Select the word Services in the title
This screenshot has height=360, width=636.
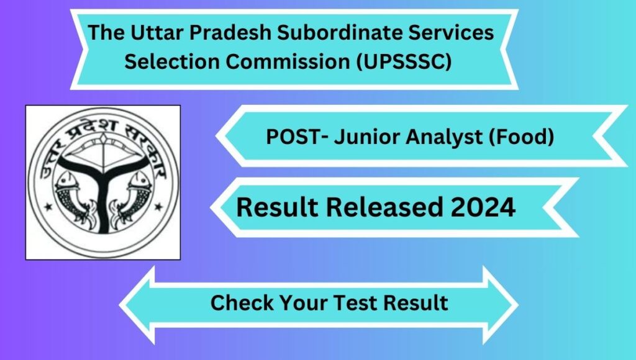tap(451, 32)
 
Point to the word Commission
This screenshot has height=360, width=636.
tap(288, 61)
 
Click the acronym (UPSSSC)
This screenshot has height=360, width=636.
tap(404, 62)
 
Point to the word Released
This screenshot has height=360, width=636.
tap(384, 207)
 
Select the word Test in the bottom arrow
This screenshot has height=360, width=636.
tap(357, 302)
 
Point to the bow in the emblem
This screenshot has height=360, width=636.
tap(104, 153)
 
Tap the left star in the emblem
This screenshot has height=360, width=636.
tap(48, 207)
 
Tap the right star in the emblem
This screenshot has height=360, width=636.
tap(158, 207)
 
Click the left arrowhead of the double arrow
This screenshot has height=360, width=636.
tap(138, 305)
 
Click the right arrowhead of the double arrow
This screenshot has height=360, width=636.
tap(501, 305)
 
